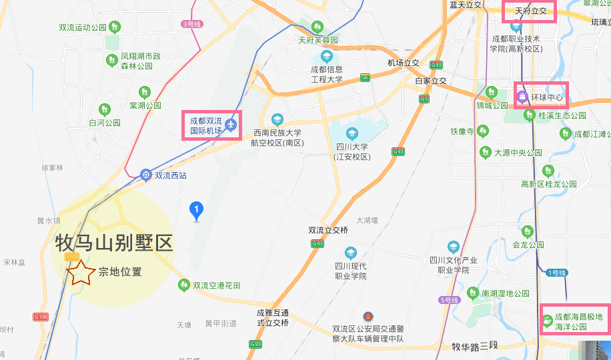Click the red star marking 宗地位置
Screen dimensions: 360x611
81,272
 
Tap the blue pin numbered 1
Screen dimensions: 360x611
196,211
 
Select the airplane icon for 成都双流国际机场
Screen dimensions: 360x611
231,124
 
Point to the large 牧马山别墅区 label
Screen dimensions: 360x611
114,243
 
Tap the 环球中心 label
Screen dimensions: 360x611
547,98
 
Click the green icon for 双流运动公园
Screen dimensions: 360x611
115,27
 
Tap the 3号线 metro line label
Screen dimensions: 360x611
191,24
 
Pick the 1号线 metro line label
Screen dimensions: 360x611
556,273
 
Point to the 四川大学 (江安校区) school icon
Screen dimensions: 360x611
352,133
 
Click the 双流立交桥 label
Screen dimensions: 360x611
328,230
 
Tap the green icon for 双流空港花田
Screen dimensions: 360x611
183,285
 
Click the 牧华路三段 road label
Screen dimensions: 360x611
475,346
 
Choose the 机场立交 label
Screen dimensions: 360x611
404,63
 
